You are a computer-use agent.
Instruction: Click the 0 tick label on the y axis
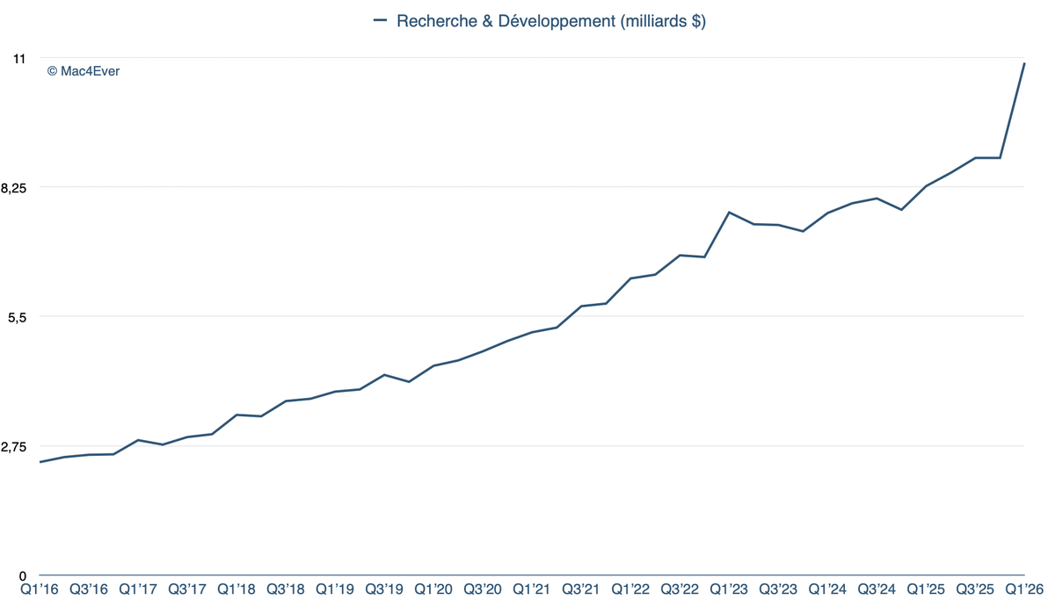(x=22, y=575)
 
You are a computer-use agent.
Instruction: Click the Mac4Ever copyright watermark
(x=84, y=71)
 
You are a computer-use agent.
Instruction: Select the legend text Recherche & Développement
(x=551, y=21)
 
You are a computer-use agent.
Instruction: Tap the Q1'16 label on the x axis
(x=40, y=589)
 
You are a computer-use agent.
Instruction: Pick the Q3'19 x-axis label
(x=384, y=589)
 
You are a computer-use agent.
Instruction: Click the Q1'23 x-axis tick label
(x=729, y=589)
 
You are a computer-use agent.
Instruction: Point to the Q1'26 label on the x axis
(x=1024, y=589)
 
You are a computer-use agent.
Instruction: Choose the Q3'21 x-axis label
(x=581, y=589)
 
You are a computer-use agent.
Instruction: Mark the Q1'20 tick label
(x=433, y=589)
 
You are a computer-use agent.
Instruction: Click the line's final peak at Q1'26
(x=1024, y=63)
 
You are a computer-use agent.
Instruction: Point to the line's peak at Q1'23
(x=729, y=213)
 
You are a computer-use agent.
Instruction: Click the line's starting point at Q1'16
(x=40, y=462)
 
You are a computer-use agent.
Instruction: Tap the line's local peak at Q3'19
(x=384, y=375)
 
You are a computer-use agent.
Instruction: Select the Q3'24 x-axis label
(x=877, y=589)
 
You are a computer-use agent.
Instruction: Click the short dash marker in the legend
(x=381, y=20)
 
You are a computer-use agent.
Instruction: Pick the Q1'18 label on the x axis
(x=236, y=589)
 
